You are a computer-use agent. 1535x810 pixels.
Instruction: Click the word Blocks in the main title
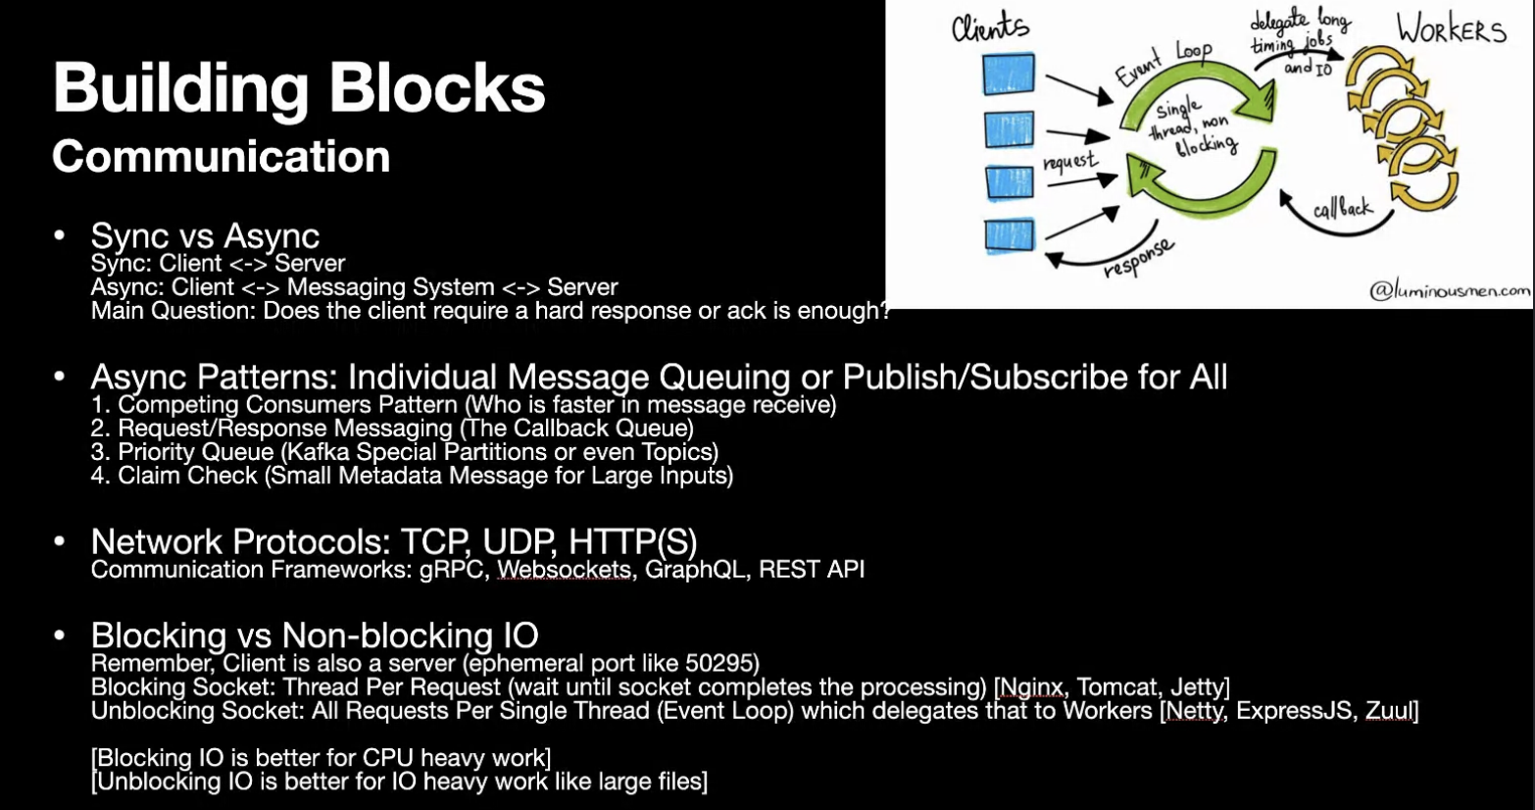coord(437,88)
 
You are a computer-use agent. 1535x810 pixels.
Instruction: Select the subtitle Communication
coord(222,157)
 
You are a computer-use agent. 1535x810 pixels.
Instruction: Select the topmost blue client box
coord(1009,75)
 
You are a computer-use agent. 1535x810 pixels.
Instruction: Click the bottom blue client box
coord(1009,235)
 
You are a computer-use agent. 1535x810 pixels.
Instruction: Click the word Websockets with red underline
coord(564,570)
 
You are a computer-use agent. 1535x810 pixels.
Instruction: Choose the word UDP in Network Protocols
coord(523,542)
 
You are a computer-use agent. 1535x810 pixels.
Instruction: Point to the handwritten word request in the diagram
coord(1070,162)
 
